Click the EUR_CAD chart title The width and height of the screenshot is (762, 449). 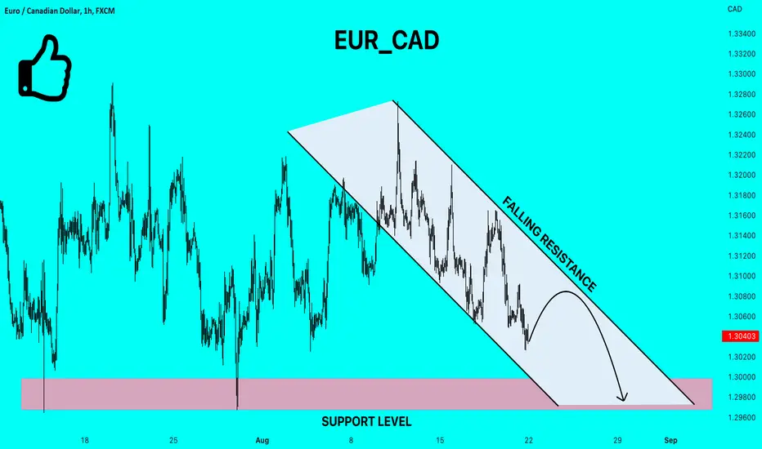coord(387,41)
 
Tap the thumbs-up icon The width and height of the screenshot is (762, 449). coord(45,68)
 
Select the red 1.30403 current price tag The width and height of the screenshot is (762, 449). coord(742,336)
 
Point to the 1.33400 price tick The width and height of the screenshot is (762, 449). coord(742,34)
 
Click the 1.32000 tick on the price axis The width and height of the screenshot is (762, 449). coord(742,176)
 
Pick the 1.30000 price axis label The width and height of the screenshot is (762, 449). coord(742,377)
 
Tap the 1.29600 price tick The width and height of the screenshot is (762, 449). coord(742,417)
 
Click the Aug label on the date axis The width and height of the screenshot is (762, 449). coord(262,440)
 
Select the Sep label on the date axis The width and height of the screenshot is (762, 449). coord(670,440)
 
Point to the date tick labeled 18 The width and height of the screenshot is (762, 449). coord(84,440)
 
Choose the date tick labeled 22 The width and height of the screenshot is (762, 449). coord(529,440)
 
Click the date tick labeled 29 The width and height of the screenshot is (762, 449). coord(617,440)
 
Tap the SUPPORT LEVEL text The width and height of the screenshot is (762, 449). coord(366,422)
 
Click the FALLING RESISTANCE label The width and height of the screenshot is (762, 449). coord(549,243)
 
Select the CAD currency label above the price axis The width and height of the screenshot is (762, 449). coord(734,9)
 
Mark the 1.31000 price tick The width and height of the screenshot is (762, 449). coord(742,276)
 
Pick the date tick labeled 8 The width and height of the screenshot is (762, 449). coord(351,440)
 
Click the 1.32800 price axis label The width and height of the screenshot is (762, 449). coord(742,94)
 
